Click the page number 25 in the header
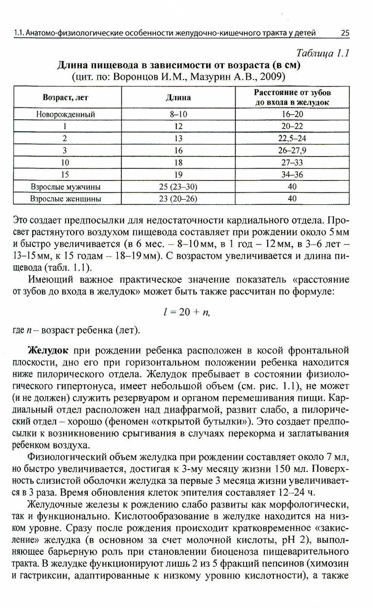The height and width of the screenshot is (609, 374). (345, 33)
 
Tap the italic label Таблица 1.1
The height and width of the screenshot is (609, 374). (323, 53)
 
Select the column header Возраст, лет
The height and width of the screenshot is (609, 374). (65, 97)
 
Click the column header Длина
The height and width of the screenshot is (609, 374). (178, 97)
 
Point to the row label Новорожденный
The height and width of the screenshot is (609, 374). (65, 114)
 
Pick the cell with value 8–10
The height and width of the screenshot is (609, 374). (178, 114)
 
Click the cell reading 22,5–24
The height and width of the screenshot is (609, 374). (292, 138)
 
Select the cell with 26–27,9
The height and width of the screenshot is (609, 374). (292, 150)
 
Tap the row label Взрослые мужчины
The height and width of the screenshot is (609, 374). (65, 187)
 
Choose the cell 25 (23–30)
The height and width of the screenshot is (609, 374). (178, 187)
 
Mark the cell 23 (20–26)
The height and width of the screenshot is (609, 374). (178, 199)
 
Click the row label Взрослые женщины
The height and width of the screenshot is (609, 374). (65, 199)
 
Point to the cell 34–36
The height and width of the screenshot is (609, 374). (292, 175)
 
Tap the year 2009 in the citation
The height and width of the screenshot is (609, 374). (271, 77)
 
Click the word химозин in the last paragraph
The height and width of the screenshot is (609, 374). (328, 563)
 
